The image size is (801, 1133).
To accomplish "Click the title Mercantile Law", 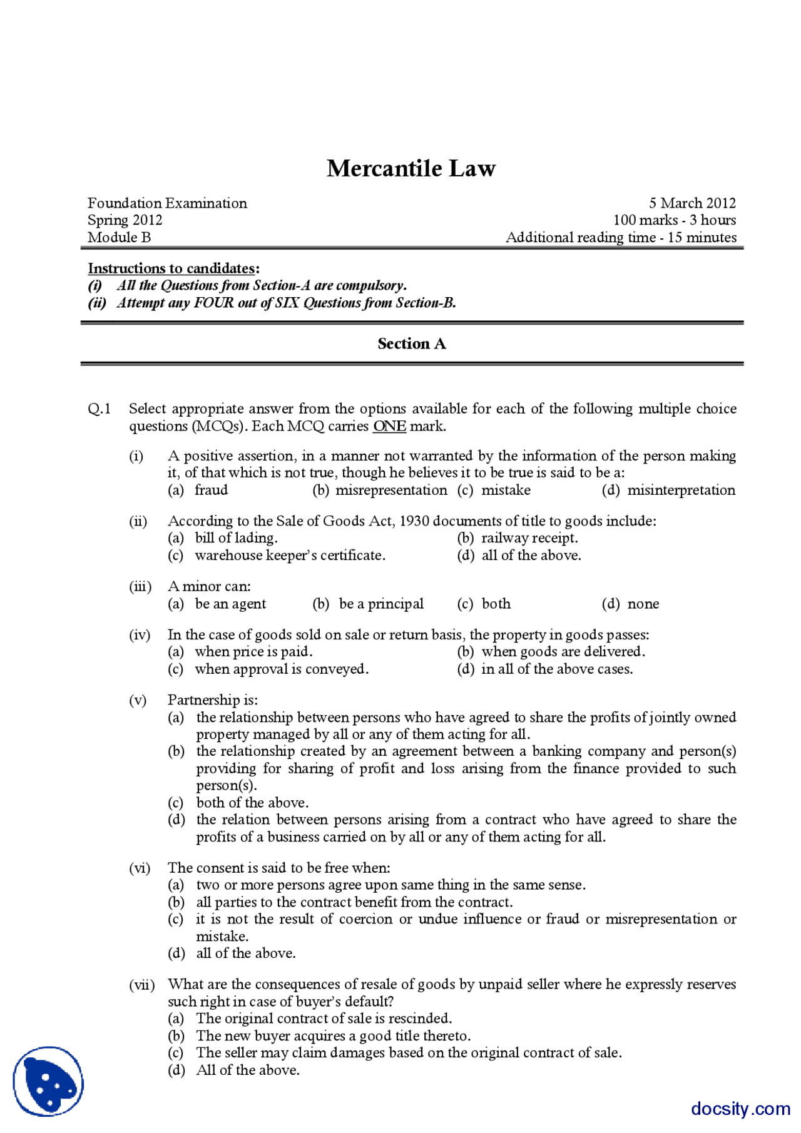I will point(411,168).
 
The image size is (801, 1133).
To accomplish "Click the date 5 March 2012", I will point(691,203).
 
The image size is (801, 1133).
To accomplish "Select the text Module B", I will point(119,237).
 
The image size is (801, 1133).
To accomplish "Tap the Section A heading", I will point(411,343).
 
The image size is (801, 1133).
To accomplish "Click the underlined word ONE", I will point(389,426).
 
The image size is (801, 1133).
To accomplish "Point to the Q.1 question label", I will point(99,409).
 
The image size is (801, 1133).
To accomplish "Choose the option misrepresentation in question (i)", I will point(391,490).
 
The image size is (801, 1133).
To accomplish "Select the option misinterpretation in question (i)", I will point(681,490).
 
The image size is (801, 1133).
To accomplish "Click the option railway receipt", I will point(529,537).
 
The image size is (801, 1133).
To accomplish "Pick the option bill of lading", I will point(236,537).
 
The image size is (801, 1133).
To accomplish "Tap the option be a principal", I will point(380,604).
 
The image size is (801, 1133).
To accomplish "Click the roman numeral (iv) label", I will point(140,634).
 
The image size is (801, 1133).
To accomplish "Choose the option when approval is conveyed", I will point(281,669).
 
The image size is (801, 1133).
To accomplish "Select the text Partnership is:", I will point(212,699).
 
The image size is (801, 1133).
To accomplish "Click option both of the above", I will point(252,802).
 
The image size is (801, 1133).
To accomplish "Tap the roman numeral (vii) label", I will point(141,984).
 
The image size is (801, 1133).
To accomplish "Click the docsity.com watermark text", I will point(740,1109).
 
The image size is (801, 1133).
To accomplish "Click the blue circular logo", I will point(48,1081).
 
